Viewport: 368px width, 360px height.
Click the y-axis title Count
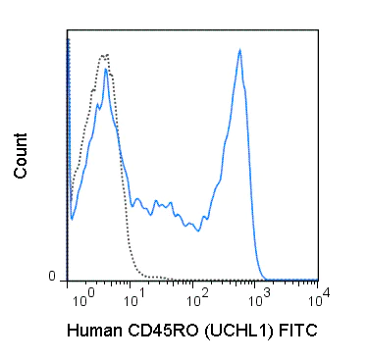click(x=21, y=158)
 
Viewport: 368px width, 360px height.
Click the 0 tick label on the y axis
click(x=54, y=278)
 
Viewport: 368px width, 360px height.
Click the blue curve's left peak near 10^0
click(x=105, y=70)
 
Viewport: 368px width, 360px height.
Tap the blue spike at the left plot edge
click(x=68, y=39)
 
